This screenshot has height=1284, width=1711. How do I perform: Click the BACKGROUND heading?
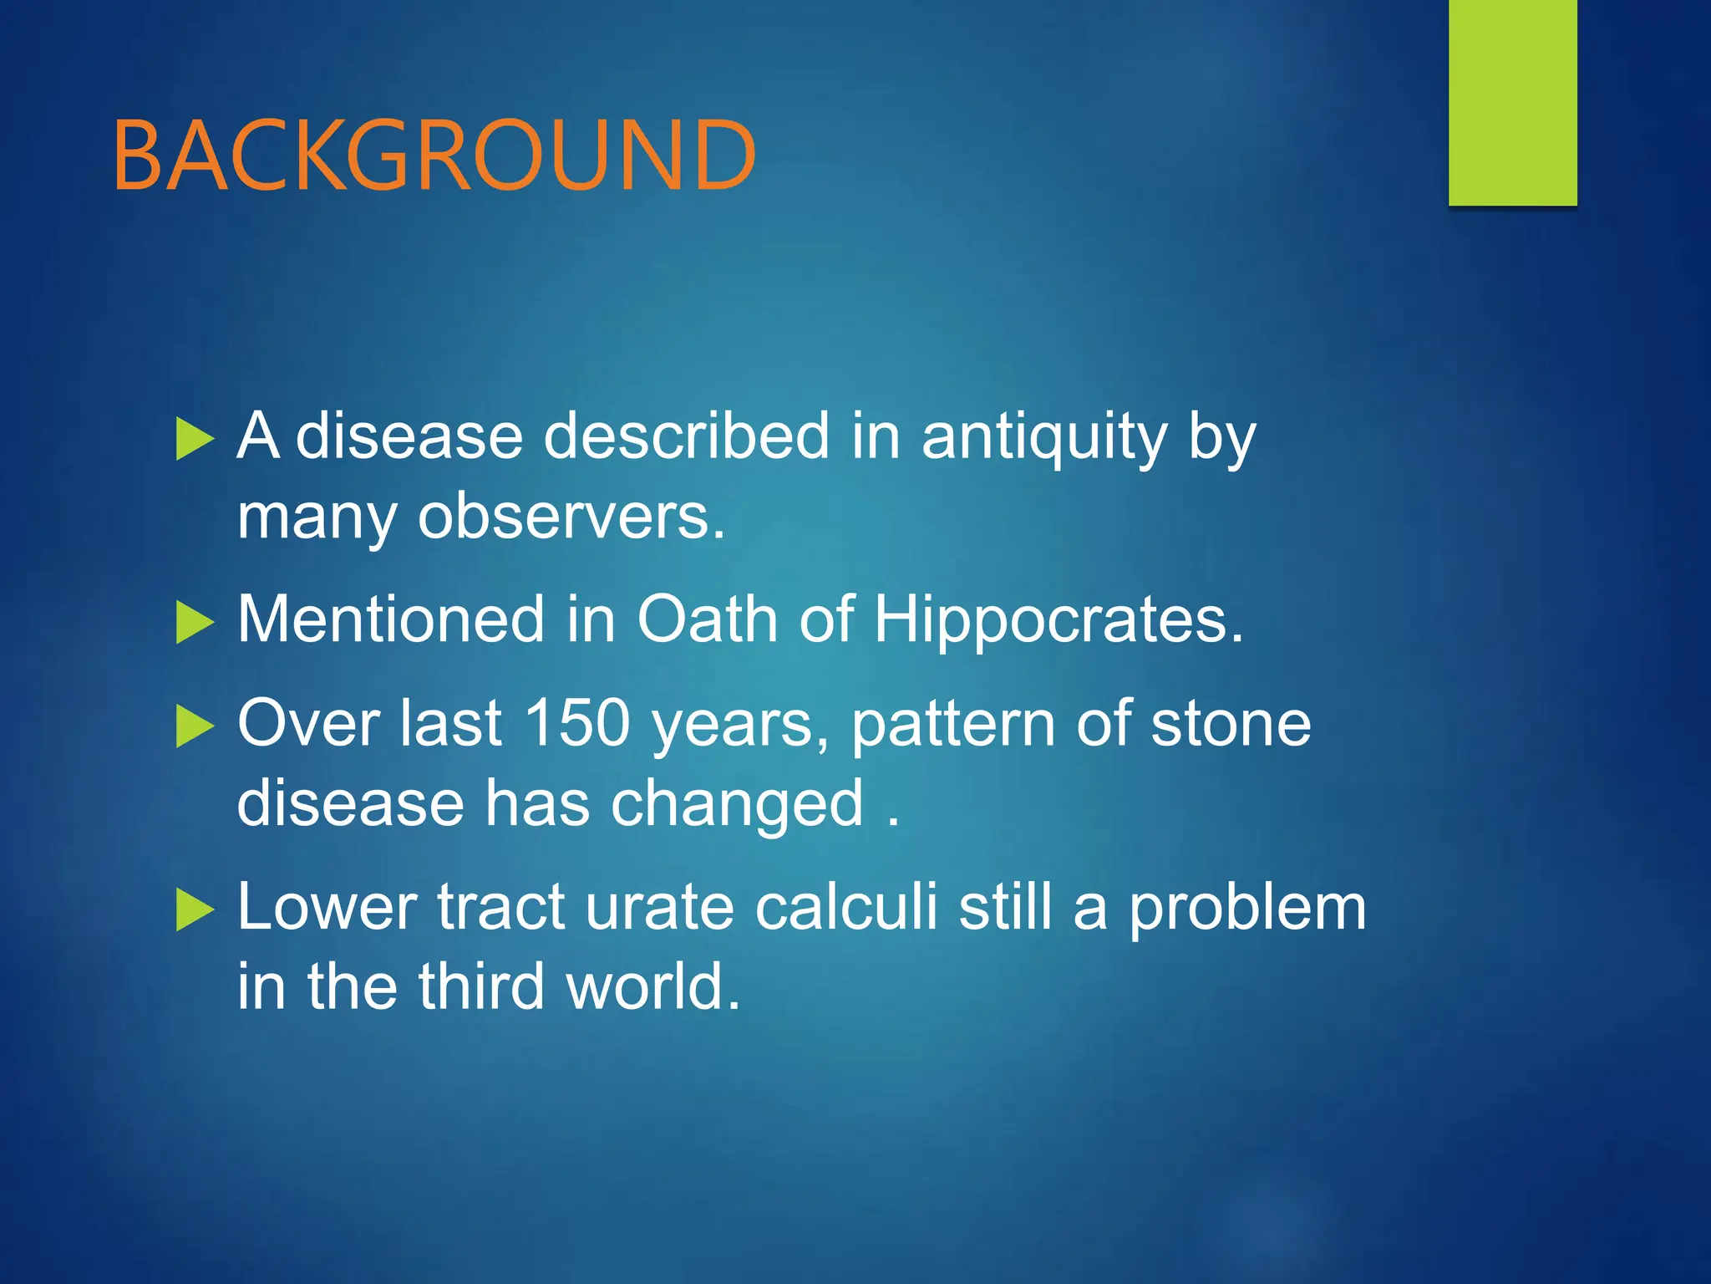(434, 155)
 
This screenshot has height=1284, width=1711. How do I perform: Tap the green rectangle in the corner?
(1512, 102)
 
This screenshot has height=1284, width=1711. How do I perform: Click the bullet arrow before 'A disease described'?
(195, 440)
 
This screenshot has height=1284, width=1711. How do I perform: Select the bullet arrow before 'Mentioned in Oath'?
(195, 624)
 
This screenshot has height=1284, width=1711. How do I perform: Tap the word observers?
(571, 517)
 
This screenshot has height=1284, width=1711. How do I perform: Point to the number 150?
(576, 722)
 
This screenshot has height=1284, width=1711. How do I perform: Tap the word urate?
(659, 908)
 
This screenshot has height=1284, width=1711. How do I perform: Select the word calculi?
(846, 906)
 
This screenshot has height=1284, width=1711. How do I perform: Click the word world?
(652, 986)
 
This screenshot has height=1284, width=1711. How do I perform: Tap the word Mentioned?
(391, 619)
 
